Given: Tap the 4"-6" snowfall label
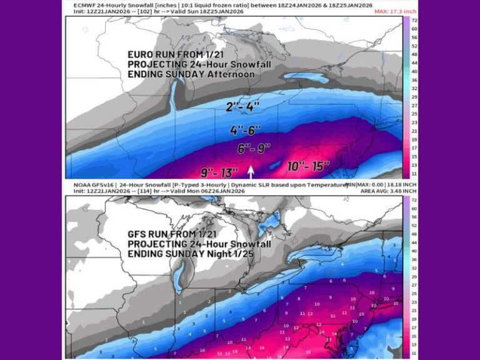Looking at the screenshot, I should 245,131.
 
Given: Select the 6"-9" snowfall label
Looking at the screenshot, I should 254,149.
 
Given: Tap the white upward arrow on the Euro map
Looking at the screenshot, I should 251,171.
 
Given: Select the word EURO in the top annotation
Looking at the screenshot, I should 139,54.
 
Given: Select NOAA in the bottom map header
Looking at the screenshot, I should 79,186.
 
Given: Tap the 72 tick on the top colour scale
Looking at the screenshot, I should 413,21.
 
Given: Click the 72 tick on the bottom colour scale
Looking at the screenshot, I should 413,201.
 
